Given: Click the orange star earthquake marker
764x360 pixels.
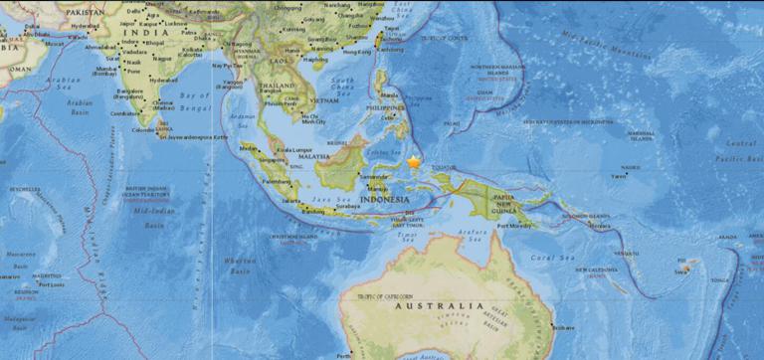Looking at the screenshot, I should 414,161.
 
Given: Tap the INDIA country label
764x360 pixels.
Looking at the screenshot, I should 135,32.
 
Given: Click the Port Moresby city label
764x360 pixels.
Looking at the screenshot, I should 526,226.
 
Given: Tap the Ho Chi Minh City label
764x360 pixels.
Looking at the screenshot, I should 314,120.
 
